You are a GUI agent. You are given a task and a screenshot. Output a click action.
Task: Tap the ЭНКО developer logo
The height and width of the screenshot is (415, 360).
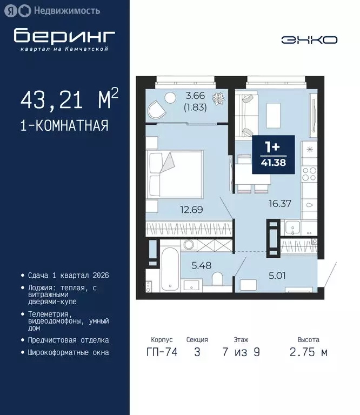309,39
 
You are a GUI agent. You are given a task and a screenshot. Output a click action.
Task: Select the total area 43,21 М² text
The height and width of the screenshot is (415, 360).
69,100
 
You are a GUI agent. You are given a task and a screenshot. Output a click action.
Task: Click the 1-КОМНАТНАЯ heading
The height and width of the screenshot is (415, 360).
64,126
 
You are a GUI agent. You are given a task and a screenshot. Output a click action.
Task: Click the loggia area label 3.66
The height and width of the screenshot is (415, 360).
196,96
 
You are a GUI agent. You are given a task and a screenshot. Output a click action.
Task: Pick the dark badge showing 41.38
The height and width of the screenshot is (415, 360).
274,155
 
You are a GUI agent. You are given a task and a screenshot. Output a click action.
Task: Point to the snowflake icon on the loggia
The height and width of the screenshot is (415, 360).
219,99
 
